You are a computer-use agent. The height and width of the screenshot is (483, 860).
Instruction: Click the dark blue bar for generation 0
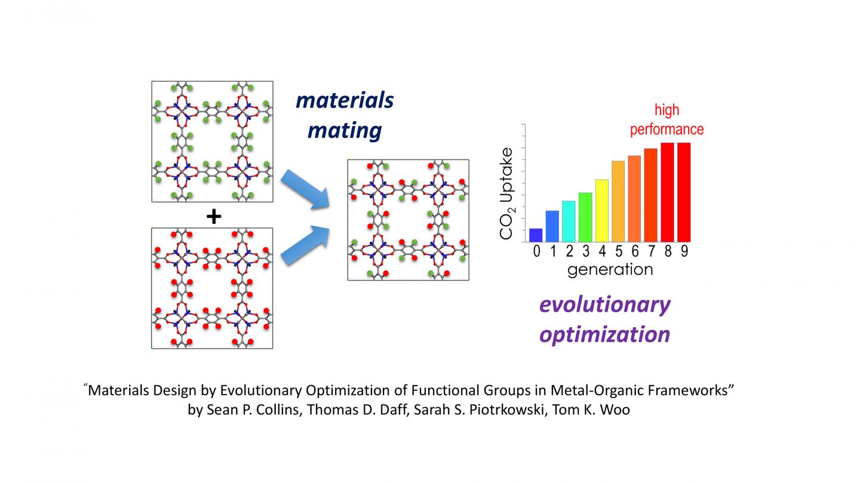point(536,235)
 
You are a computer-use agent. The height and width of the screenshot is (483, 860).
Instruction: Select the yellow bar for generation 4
point(601,210)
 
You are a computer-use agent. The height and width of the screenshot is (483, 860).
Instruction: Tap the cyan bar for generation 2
point(569,221)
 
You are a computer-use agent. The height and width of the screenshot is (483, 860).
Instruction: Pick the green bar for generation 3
point(585,217)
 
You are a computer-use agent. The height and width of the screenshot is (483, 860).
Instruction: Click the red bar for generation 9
point(684,192)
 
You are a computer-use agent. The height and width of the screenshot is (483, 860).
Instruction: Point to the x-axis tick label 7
point(652,251)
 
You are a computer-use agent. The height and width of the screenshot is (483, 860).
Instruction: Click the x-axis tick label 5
point(619,251)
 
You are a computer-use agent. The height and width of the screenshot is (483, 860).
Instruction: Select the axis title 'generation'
point(610,270)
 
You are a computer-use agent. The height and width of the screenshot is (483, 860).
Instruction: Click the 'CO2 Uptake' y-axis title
point(506,193)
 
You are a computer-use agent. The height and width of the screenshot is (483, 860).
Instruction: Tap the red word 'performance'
point(667,130)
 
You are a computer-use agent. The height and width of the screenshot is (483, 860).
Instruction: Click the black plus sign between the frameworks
point(214,217)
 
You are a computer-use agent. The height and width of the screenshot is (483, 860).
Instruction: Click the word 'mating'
point(345,131)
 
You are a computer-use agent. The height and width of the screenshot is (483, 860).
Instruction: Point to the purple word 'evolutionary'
point(604,305)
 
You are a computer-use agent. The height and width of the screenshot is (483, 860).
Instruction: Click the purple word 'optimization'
point(604,334)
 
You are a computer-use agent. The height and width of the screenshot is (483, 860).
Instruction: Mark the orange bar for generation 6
point(634,199)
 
